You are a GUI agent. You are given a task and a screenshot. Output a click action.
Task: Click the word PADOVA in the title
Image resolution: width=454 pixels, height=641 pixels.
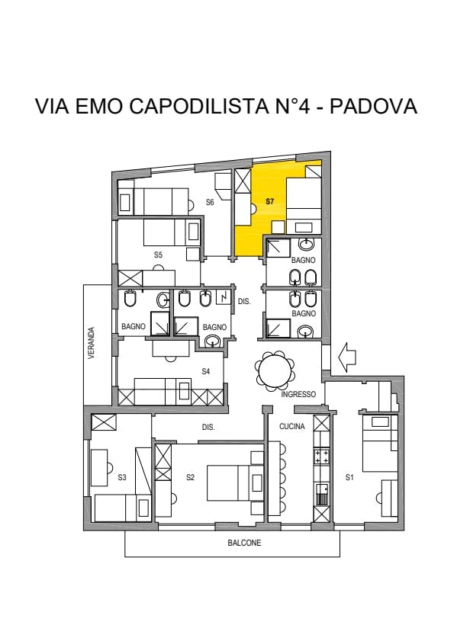[x=373, y=106]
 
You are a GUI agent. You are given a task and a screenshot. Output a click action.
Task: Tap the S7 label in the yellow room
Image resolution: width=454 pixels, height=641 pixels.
[x=270, y=201]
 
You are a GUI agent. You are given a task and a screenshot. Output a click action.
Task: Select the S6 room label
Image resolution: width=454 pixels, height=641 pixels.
[x=210, y=202]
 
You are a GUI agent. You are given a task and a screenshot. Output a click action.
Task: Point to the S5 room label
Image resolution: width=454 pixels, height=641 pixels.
[x=159, y=255]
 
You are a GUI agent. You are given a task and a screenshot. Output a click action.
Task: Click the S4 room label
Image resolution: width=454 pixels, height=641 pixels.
[x=206, y=371]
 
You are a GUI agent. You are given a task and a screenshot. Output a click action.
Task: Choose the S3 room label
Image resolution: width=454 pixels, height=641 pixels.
[x=122, y=477]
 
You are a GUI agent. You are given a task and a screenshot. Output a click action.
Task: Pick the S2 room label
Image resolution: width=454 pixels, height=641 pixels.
[x=190, y=477]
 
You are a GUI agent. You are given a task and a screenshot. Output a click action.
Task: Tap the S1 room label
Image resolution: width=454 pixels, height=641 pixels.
[x=349, y=477]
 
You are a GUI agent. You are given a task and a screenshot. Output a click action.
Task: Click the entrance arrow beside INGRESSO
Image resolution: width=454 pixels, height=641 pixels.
[x=348, y=357]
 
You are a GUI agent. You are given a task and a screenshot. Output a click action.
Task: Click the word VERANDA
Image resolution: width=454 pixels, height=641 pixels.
[x=92, y=342]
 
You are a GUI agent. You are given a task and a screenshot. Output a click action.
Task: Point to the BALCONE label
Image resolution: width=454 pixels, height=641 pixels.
[x=244, y=543]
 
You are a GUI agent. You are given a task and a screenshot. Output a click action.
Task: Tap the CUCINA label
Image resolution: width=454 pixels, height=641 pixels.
[x=292, y=426]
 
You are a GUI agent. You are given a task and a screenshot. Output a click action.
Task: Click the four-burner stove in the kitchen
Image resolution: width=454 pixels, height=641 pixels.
[x=321, y=457]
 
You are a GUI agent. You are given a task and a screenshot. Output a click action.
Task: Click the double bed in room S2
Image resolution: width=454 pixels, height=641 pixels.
[x=235, y=482]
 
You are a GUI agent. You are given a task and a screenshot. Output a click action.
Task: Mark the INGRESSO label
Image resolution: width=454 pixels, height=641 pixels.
[x=298, y=395]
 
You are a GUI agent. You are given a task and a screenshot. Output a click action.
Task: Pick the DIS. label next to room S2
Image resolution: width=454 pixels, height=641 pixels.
[x=208, y=427]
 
